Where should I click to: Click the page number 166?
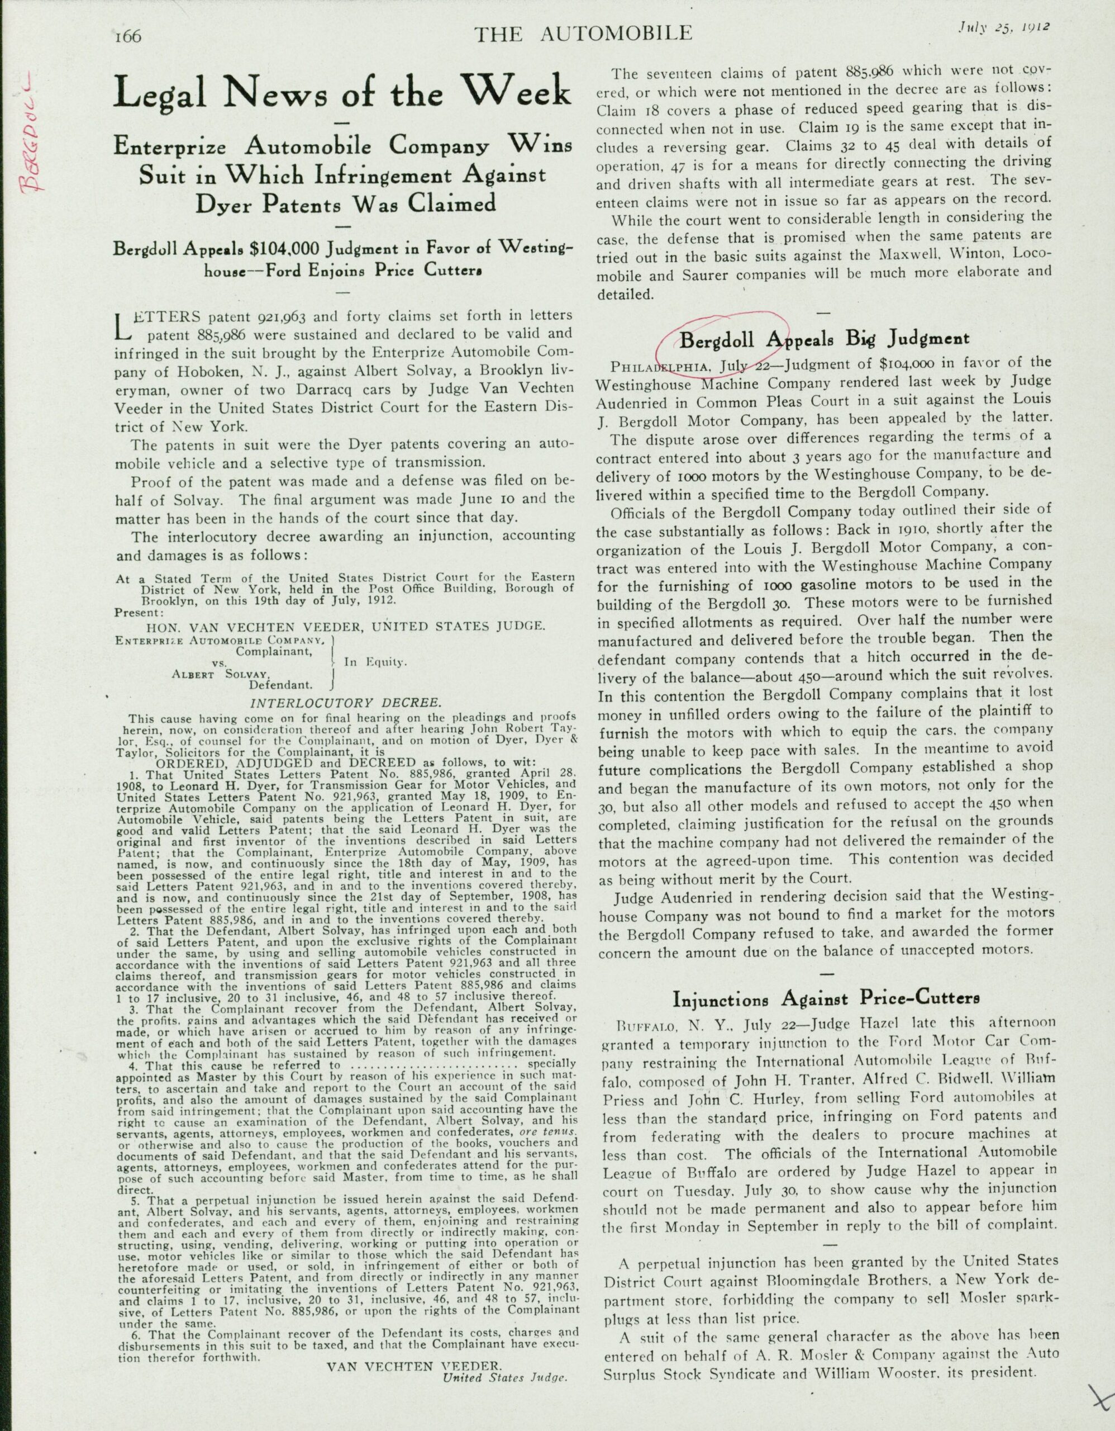tap(127, 35)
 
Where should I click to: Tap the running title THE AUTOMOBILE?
tap(583, 34)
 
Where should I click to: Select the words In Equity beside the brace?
tap(376, 662)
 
